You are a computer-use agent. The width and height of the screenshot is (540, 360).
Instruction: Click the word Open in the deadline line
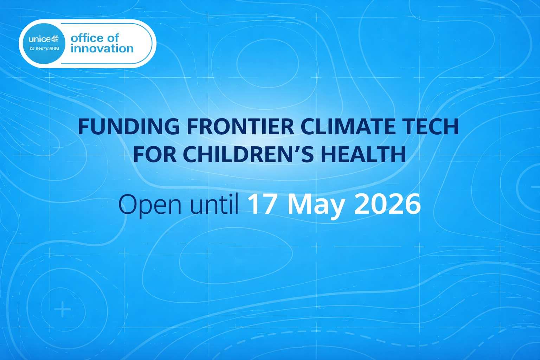point(150,205)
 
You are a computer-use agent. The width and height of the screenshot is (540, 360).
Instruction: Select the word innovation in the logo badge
point(102,49)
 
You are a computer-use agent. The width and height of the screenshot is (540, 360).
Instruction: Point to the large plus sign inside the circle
point(63,310)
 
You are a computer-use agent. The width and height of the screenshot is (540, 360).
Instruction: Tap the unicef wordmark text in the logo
point(44,39)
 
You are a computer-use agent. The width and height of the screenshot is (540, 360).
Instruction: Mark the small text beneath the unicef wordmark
point(44,49)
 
